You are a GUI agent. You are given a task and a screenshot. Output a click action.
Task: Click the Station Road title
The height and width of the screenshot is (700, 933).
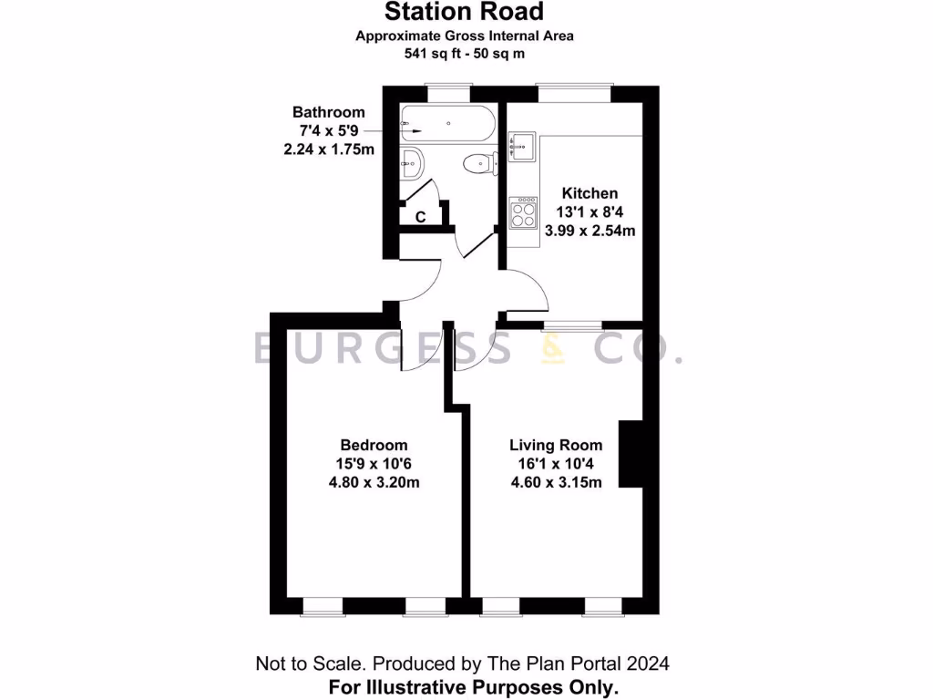click(464, 12)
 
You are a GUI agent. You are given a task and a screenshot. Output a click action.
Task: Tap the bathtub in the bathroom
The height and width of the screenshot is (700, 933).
click(447, 123)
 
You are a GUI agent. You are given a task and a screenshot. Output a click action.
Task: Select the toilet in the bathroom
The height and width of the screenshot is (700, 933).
click(478, 164)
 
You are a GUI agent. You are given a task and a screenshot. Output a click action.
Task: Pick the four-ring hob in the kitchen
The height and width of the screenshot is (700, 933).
click(523, 213)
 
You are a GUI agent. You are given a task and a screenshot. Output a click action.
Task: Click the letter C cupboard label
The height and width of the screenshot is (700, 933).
click(421, 217)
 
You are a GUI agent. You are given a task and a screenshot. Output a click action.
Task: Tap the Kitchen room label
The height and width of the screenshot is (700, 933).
click(590, 193)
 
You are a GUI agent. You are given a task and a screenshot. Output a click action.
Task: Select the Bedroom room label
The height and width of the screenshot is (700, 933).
click(374, 445)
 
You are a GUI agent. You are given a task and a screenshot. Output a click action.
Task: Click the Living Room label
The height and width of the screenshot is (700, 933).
click(556, 445)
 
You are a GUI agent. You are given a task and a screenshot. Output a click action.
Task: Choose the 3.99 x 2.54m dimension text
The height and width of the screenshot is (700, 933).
click(590, 231)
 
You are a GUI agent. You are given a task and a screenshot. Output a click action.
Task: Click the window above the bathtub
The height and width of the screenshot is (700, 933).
click(449, 90)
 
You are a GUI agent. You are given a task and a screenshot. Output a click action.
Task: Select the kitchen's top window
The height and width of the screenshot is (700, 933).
click(573, 90)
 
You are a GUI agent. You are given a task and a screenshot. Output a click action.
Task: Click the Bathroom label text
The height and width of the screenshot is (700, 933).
click(328, 112)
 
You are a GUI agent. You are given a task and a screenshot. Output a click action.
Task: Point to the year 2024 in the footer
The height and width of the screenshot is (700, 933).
click(652, 663)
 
